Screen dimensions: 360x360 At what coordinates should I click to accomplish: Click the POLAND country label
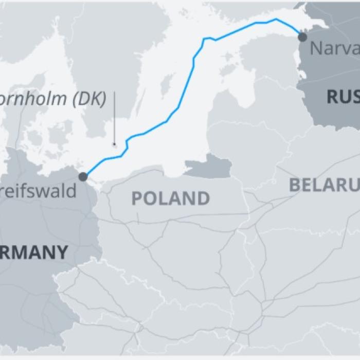pos(170,198)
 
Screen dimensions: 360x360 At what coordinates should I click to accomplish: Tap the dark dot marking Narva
pos(302,37)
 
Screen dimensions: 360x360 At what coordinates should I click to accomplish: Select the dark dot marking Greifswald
pos(83,177)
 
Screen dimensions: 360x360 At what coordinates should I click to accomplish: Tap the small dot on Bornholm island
pos(116,145)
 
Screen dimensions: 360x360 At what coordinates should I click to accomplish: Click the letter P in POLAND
pos(137,199)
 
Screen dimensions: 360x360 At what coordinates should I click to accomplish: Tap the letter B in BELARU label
pos(295,185)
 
